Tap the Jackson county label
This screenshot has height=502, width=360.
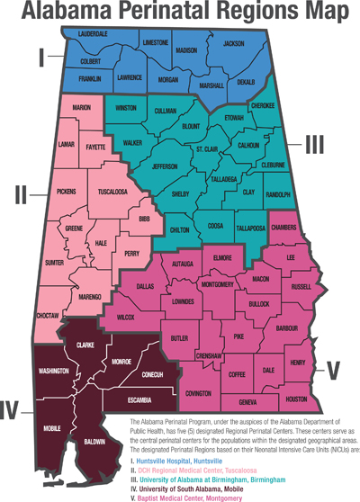click(x=234, y=44)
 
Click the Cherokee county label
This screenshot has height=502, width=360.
click(x=263, y=105)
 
